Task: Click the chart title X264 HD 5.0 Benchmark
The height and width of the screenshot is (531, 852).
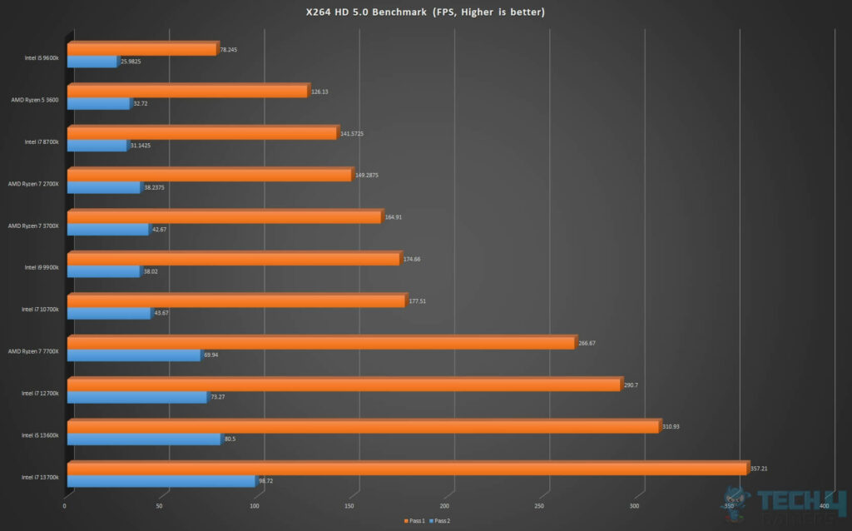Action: [x=425, y=12]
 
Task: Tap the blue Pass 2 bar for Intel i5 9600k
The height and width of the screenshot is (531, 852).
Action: [x=92, y=62]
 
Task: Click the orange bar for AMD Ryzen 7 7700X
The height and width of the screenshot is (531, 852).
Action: [x=320, y=343]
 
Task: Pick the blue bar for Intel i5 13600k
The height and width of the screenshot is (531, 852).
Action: [x=143, y=439]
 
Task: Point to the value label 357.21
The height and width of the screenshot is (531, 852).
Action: [x=758, y=469]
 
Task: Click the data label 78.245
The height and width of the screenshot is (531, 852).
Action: [x=228, y=49]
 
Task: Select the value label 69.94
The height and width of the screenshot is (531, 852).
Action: [x=213, y=355]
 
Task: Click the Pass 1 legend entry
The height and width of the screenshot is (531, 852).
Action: [x=416, y=520]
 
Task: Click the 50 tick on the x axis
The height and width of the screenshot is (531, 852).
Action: [x=160, y=505]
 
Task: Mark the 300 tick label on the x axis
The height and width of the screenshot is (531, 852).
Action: [x=635, y=505]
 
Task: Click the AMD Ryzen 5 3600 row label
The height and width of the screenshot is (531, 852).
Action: [x=34, y=99]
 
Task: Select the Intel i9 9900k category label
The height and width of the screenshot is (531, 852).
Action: [x=41, y=267]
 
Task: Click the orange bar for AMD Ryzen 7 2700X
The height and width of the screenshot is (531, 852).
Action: [x=209, y=176]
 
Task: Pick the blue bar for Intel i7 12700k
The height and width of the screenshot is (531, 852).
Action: [x=136, y=398]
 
